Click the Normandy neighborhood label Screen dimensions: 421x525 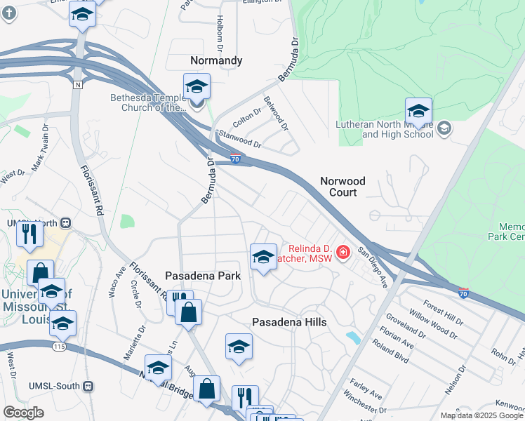click(x=216, y=60)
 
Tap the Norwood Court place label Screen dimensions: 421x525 click(x=343, y=186)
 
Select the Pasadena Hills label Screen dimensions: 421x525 click(x=289, y=321)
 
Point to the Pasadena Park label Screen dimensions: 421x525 click(x=203, y=276)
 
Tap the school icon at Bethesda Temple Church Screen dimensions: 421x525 click(x=197, y=88)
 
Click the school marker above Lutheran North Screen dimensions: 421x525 click(x=418, y=111)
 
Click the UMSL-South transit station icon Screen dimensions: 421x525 click(x=88, y=386)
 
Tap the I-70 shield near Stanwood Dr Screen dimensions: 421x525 click(x=237, y=159)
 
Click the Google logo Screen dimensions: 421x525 click(x=23, y=413)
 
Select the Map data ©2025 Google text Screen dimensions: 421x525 click(x=481, y=415)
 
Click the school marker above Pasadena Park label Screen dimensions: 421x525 click(x=263, y=257)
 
